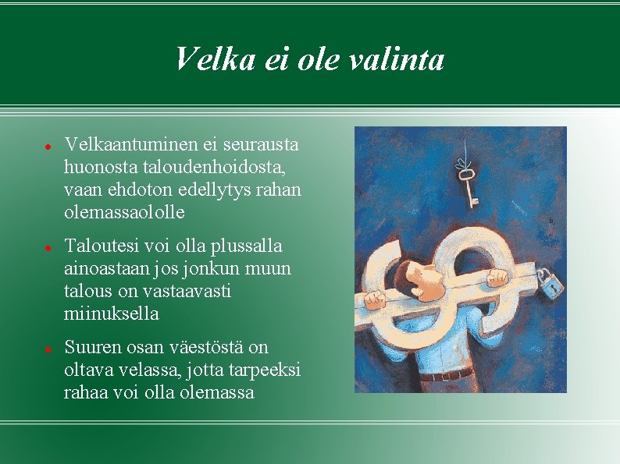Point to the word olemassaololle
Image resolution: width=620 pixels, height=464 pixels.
(x=125, y=213)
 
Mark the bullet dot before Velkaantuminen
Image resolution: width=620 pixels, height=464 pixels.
(x=47, y=146)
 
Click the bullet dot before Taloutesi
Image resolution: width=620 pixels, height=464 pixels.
(x=47, y=246)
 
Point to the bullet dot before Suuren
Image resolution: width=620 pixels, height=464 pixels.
(x=47, y=348)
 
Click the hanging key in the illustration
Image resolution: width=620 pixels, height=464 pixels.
(x=468, y=182)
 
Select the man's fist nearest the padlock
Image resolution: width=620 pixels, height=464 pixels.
(x=497, y=276)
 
